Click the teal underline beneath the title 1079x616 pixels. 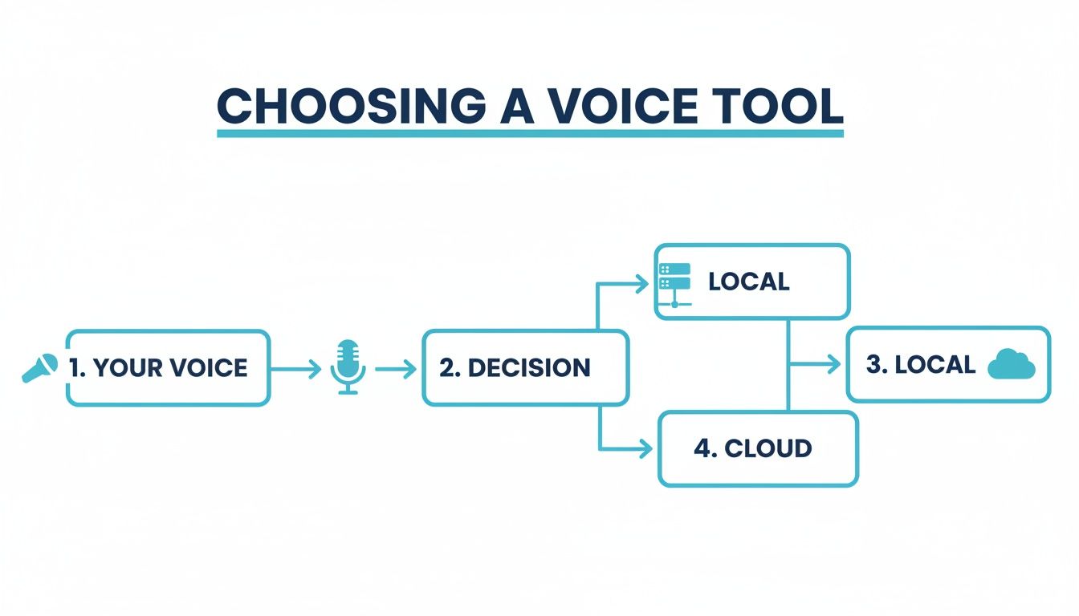[x=530, y=133]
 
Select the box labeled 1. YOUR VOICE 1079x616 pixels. [x=168, y=368]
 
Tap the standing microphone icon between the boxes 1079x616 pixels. [x=348, y=367]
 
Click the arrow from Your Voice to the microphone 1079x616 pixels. [x=296, y=369]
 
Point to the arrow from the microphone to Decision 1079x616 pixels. [x=396, y=369]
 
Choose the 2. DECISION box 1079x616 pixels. [x=525, y=368]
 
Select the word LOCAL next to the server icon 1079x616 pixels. [x=748, y=282]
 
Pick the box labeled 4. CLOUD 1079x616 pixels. [x=758, y=448]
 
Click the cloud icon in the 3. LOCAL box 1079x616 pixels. [x=1011, y=364]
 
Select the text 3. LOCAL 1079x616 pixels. [x=920, y=364]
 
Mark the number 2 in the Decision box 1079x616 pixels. [x=446, y=368]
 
